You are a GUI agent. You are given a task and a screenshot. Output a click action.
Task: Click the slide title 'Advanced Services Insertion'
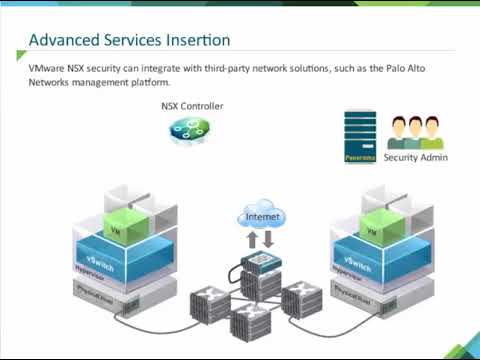[130, 40]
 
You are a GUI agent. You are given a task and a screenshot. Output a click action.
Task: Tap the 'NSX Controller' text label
[192, 106]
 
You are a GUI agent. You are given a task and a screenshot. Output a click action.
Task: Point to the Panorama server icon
[359, 137]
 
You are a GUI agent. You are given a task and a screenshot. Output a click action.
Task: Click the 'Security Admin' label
[416, 157]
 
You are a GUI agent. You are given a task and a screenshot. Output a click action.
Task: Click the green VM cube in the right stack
[374, 228]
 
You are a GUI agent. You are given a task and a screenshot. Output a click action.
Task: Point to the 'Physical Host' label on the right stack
[358, 292]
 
